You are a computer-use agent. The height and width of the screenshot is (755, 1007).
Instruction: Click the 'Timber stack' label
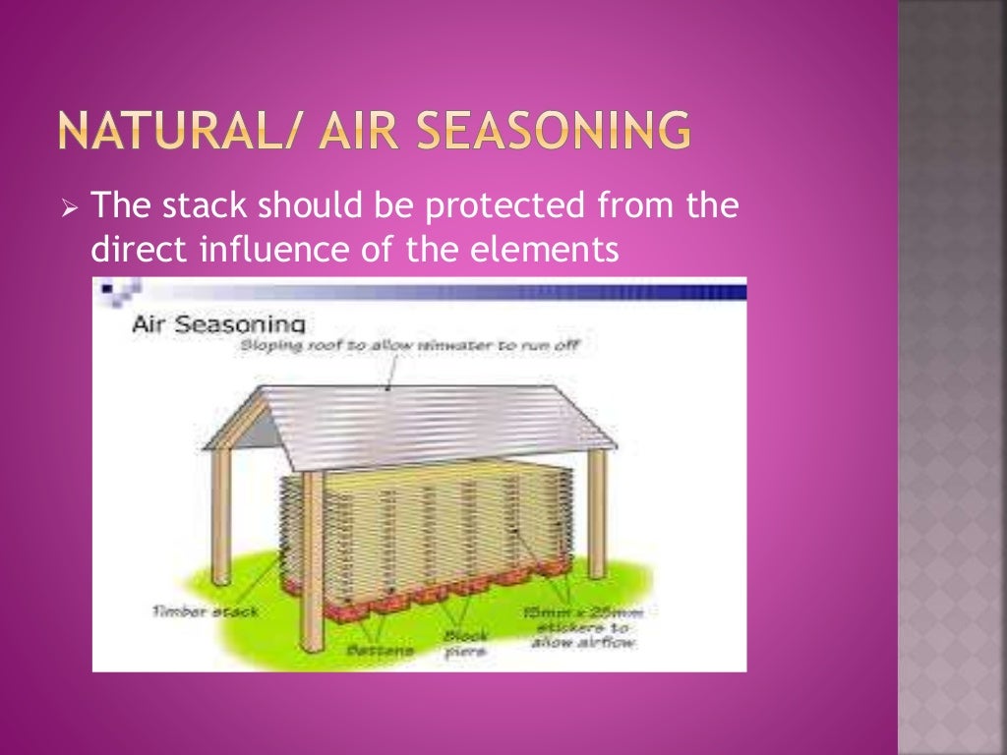(205, 610)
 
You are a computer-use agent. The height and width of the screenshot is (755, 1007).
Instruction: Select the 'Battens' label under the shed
(380, 651)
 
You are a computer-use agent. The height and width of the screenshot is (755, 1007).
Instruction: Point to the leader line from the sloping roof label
(393, 368)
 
